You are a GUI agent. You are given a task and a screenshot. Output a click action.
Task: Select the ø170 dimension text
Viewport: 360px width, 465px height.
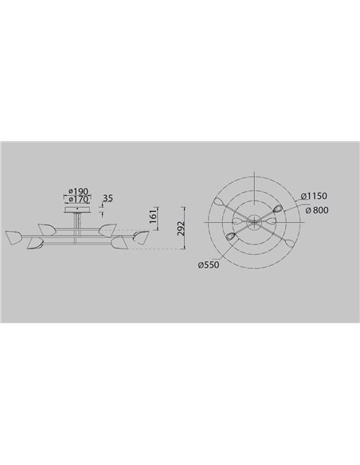coord(78,199)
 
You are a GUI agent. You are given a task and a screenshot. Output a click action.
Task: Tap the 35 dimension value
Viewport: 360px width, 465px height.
coord(108,197)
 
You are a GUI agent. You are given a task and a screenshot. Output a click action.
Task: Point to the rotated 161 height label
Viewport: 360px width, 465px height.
coord(153,217)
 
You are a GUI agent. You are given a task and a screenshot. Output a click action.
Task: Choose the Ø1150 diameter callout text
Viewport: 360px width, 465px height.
coord(314,196)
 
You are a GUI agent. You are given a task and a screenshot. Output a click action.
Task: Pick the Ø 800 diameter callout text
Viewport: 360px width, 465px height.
coord(317,210)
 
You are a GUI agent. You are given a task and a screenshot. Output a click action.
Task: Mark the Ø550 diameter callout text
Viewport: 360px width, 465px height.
coord(209,265)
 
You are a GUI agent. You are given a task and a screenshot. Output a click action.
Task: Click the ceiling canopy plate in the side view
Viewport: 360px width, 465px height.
coord(77,210)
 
